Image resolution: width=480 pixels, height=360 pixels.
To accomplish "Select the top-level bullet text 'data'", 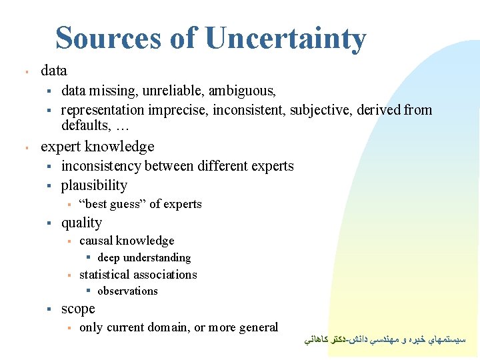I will tap(54, 70).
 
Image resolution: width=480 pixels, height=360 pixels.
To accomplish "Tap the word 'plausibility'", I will tap(94, 185).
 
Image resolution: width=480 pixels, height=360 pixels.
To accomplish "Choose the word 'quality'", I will tap(81, 223).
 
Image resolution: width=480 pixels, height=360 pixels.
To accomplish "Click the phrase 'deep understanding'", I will tap(144, 257).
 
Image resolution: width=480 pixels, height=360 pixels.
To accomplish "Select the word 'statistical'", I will tap(105, 275).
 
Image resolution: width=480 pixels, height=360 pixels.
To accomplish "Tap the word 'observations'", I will tap(127, 291).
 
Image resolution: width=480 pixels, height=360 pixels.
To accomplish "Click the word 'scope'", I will tap(78, 309).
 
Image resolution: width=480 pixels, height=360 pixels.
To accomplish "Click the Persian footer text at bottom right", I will tap(386, 339).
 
